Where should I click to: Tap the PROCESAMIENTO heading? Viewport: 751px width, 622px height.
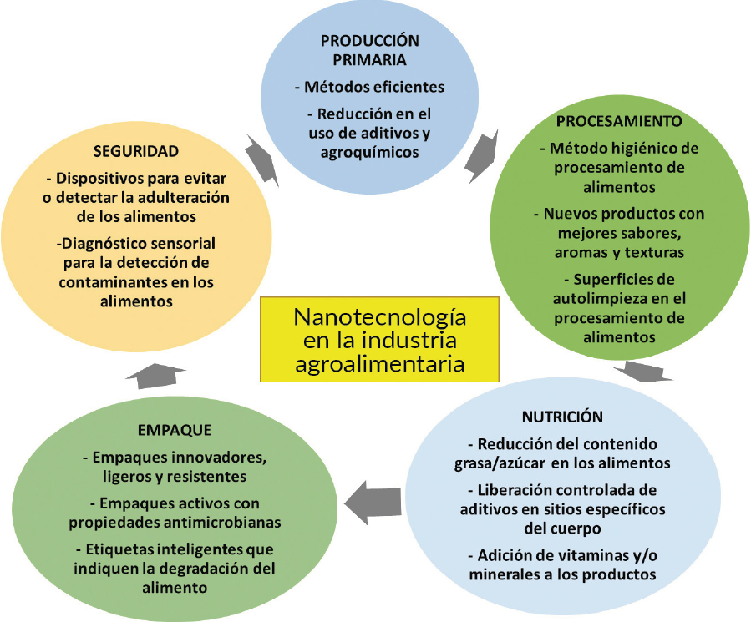(x=619, y=121)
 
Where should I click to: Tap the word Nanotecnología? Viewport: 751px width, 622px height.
(x=379, y=318)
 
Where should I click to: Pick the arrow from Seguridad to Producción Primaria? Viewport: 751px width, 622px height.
(x=262, y=158)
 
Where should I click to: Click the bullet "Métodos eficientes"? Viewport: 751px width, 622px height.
(x=368, y=87)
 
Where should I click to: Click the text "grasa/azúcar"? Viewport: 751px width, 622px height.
(x=507, y=463)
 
